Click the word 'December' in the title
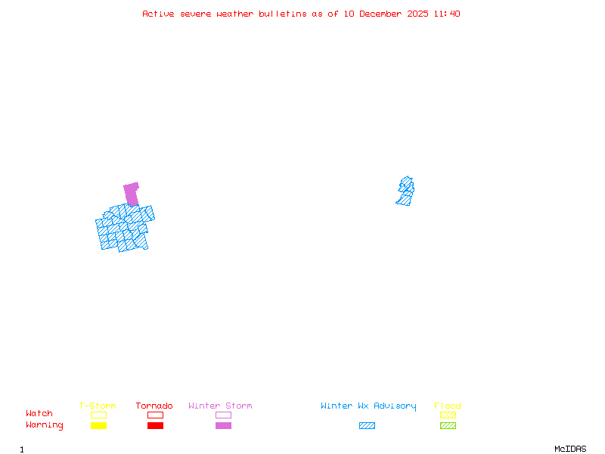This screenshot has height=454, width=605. point(383,14)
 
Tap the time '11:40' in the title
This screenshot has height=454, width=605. point(447,14)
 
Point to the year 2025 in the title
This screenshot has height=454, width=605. point(418,14)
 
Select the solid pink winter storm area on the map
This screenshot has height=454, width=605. point(132,193)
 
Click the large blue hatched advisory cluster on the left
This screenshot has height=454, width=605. point(124,229)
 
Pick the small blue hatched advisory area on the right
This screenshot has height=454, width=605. point(405,191)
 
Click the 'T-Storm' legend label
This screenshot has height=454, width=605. point(98,406)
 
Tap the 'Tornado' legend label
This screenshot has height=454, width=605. point(154,406)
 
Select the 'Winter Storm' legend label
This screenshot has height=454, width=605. point(220,406)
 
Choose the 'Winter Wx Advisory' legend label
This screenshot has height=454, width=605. point(368,406)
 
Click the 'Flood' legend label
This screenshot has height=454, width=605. point(448,406)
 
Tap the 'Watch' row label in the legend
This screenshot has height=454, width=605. point(39,414)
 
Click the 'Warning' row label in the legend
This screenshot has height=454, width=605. point(45,425)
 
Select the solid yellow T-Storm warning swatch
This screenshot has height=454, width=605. point(98,426)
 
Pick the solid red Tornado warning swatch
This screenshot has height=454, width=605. point(155,426)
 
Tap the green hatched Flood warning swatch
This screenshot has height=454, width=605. point(448,426)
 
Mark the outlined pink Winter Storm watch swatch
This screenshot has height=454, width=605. point(223,415)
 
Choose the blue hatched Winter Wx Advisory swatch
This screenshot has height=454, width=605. point(367,426)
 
